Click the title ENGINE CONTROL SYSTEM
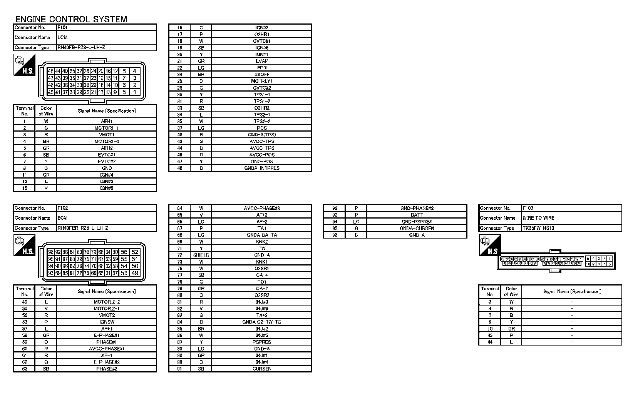[71, 19]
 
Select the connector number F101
[62, 27]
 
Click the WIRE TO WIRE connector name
[538, 218]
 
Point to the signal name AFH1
[106, 121]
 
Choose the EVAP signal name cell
[261, 61]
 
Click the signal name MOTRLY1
[261, 81]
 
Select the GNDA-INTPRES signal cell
[261, 168]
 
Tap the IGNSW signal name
[106, 322]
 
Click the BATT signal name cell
[417, 215]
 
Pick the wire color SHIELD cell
[201, 255]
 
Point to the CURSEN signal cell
[261, 369]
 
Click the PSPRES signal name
[261, 342]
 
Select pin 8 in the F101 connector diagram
[124, 71]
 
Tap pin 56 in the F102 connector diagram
[124, 252]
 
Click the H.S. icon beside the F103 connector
[490, 246]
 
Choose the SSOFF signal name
[261, 75]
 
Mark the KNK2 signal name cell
[261, 242]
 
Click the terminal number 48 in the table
[180, 168]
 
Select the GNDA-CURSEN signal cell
[417, 228]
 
